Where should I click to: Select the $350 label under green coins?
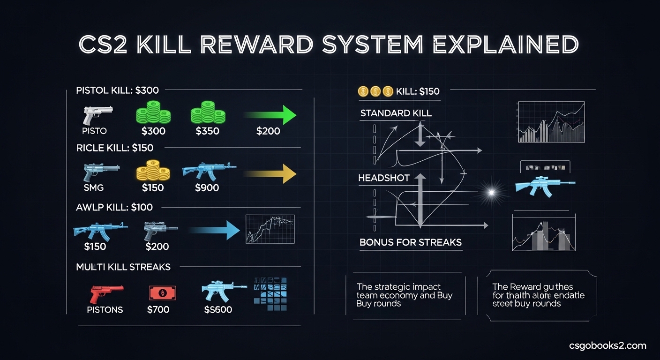[x=207, y=131]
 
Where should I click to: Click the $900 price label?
[x=207, y=187]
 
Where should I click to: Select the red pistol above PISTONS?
[x=106, y=293]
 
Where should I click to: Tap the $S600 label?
[x=218, y=309]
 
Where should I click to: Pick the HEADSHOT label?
[x=383, y=178]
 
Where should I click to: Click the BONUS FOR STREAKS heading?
[x=411, y=242]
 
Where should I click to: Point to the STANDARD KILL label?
[x=396, y=113]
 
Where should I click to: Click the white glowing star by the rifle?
[x=491, y=191]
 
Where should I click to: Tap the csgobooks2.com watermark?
[x=607, y=346]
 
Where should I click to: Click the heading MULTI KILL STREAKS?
[x=123, y=267]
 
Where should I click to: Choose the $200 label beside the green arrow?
[x=268, y=131]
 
